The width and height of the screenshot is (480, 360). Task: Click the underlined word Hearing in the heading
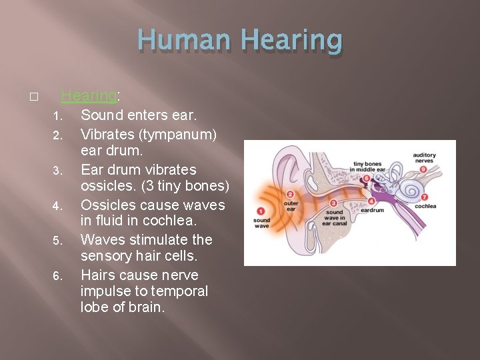tap(88, 96)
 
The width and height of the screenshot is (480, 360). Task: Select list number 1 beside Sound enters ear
tap(57, 116)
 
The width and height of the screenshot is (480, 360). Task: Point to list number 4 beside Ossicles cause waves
tap(57, 206)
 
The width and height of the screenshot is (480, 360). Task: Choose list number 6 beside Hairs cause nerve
tap(57, 276)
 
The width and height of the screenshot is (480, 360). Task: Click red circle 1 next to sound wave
tap(261, 211)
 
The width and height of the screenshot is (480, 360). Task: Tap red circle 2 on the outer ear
tap(290, 194)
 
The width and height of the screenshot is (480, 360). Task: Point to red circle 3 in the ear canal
tap(333, 203)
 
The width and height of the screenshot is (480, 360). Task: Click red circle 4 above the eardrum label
tap(371, 201)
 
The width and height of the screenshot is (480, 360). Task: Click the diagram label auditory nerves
tap(424, 157)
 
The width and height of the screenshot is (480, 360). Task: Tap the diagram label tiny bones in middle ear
tap(367, 167)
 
